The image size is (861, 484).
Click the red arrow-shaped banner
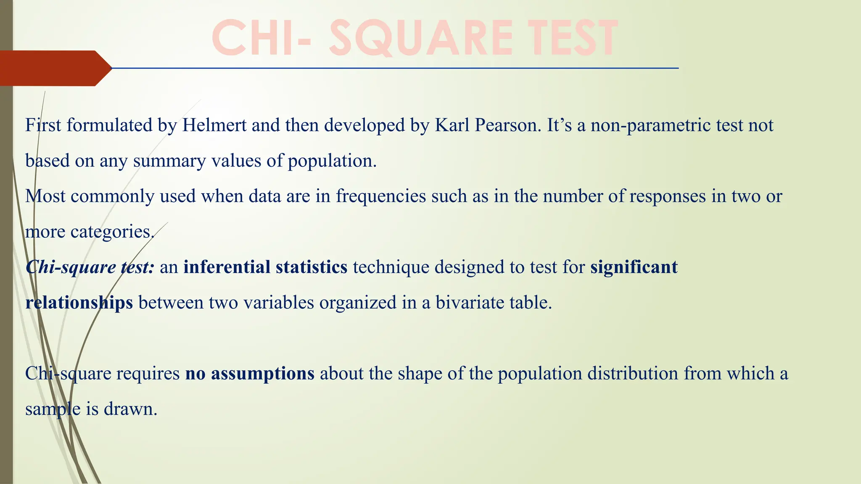point(55,68)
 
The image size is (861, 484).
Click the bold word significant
point(634,268)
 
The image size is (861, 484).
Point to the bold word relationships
point(79,303)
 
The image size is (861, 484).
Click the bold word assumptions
point(262,374)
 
